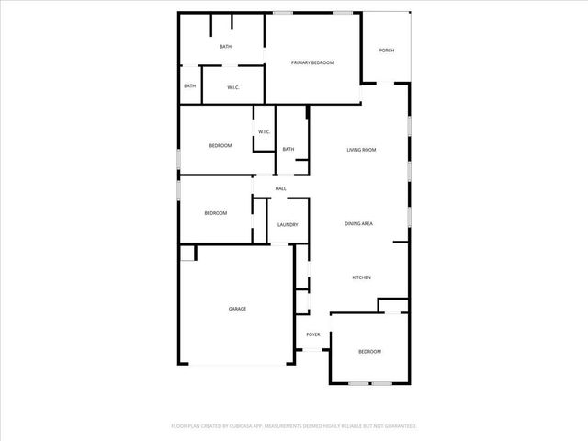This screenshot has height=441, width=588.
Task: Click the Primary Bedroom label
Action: (311, 62)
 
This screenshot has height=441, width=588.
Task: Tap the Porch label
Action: (387, 51)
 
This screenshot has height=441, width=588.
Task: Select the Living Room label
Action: (361, 150)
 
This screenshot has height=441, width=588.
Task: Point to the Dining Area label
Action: (358, 224)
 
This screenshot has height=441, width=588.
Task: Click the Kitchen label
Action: (361, 277)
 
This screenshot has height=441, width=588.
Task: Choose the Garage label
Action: (237, 309)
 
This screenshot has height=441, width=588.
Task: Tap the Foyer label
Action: (312, 335)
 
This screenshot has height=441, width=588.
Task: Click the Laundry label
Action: (288, 224)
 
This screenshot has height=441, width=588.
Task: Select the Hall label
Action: (280, 188)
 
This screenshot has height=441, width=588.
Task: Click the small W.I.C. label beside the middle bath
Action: (264, 132)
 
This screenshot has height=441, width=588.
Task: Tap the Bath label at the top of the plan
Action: (225, 47)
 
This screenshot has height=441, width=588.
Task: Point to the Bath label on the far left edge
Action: (189, 86)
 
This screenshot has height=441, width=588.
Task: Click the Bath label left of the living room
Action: (288, 150)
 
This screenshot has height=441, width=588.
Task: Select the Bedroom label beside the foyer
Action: (369, 352)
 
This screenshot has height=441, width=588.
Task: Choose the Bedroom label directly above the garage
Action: (215, 213)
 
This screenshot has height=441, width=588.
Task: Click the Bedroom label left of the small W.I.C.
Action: (220, 146)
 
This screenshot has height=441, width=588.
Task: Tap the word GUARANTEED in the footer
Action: (397, 426)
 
